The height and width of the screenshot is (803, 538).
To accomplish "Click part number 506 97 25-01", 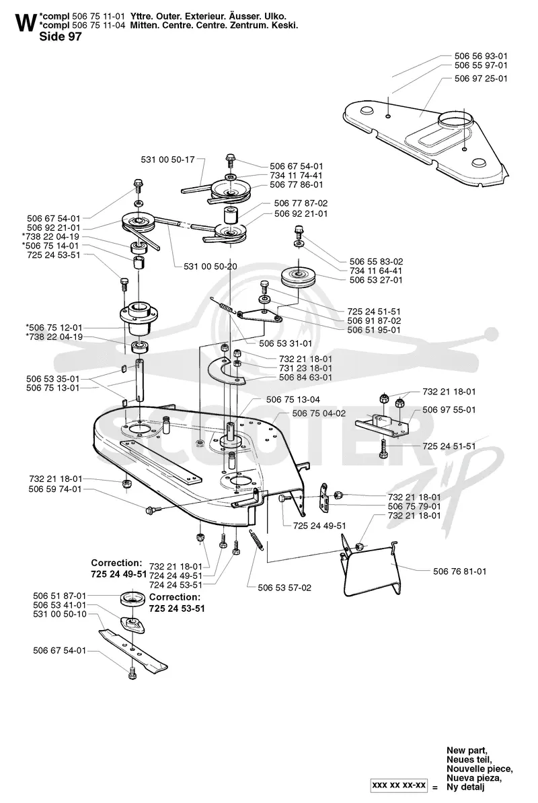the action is (x=481, y=78).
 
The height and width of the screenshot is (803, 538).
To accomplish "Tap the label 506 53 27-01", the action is (x=376, y=280).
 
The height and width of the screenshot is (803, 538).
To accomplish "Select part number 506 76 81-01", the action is (x=460, y=571).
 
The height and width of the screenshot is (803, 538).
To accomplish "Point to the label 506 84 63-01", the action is (x=305, y=378).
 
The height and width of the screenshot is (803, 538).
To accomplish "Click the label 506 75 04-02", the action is (x=319, y=413).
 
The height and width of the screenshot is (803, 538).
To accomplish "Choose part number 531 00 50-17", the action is (x=168, y=160).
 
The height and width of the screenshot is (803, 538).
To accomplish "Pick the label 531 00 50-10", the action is (x=60, y=614).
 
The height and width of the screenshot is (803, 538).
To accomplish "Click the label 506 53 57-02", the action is (x=284, y=588).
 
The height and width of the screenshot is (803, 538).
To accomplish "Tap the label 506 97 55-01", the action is (x=449, y=410).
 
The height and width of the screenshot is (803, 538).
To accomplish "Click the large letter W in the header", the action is (x=26, y=23).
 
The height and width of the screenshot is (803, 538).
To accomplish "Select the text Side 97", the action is (x=61, y=36).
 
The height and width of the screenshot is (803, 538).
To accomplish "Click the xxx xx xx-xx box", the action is (x=399, y=785).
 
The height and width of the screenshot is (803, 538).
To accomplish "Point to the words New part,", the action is (x=467, y=750).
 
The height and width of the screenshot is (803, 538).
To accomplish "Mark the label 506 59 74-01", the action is (x=54, y=489).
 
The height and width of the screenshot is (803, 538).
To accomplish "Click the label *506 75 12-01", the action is (x=54, y=327).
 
